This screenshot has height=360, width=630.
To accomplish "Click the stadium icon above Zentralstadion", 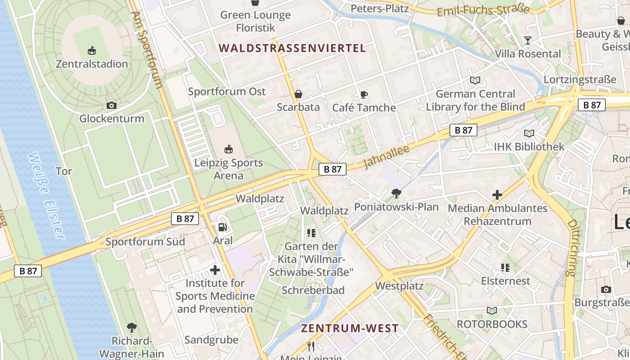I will point(92,50).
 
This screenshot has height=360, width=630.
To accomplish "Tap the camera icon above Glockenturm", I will point(112,105).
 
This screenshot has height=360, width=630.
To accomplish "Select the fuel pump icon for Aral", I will point(222,227).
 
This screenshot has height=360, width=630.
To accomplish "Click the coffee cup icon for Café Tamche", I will point(364,94).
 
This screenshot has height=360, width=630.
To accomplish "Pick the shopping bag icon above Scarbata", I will point(298,94).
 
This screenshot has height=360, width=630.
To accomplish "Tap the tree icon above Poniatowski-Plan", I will point(396,193).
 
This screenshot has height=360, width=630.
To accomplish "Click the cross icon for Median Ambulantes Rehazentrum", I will point(497,195).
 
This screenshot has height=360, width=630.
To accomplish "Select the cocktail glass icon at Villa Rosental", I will point(528,40).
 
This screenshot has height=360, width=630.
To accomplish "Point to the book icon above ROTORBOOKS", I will point(492,310).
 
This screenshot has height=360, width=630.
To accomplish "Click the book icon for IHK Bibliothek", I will point(529,133).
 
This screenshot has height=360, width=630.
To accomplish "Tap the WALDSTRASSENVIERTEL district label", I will point(292,48).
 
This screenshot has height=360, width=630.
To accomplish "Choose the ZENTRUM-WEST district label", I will point(350,328).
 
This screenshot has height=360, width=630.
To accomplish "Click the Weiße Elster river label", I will point(46,195).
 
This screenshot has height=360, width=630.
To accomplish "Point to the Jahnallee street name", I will point(386,157).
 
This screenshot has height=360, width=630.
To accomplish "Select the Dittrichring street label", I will point(571,247).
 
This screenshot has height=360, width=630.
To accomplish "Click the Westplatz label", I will point(399,286).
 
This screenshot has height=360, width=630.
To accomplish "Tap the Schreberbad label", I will point(313,290).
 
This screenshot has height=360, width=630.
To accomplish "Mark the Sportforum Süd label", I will point(145,242).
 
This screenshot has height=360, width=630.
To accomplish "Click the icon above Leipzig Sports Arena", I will point(229,149).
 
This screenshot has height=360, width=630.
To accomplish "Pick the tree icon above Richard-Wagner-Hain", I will point(132,327).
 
